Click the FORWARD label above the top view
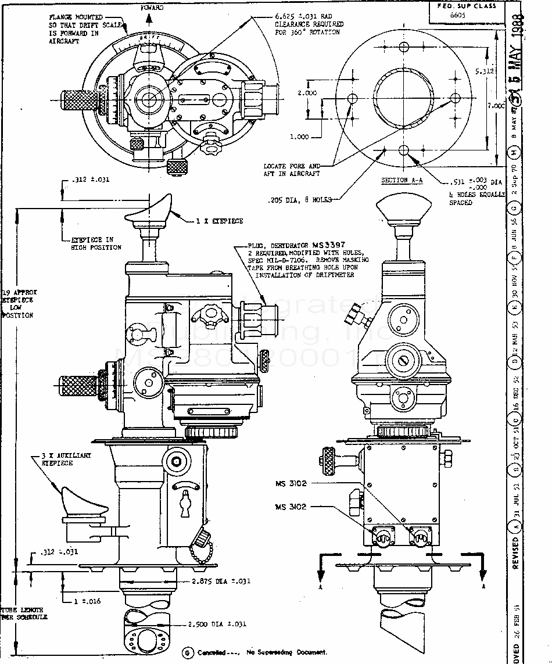[x=152, y=8]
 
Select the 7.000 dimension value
[x=496, y=106]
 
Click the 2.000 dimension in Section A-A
[x=307, y=93]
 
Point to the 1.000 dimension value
[x=299, y=137]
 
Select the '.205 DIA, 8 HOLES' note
[x=300, y=200]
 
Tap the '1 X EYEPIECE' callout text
[x=220, y=221]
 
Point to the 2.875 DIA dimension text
[x=221, y=581]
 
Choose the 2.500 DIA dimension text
[x=217, y=624]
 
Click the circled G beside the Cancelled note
[x=188, y=652]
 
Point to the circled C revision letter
[x=515, y=417]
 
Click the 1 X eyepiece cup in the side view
[x=149, y=211]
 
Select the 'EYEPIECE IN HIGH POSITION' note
[x=96, y=243]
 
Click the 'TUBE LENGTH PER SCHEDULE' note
[x=23, y=613]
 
